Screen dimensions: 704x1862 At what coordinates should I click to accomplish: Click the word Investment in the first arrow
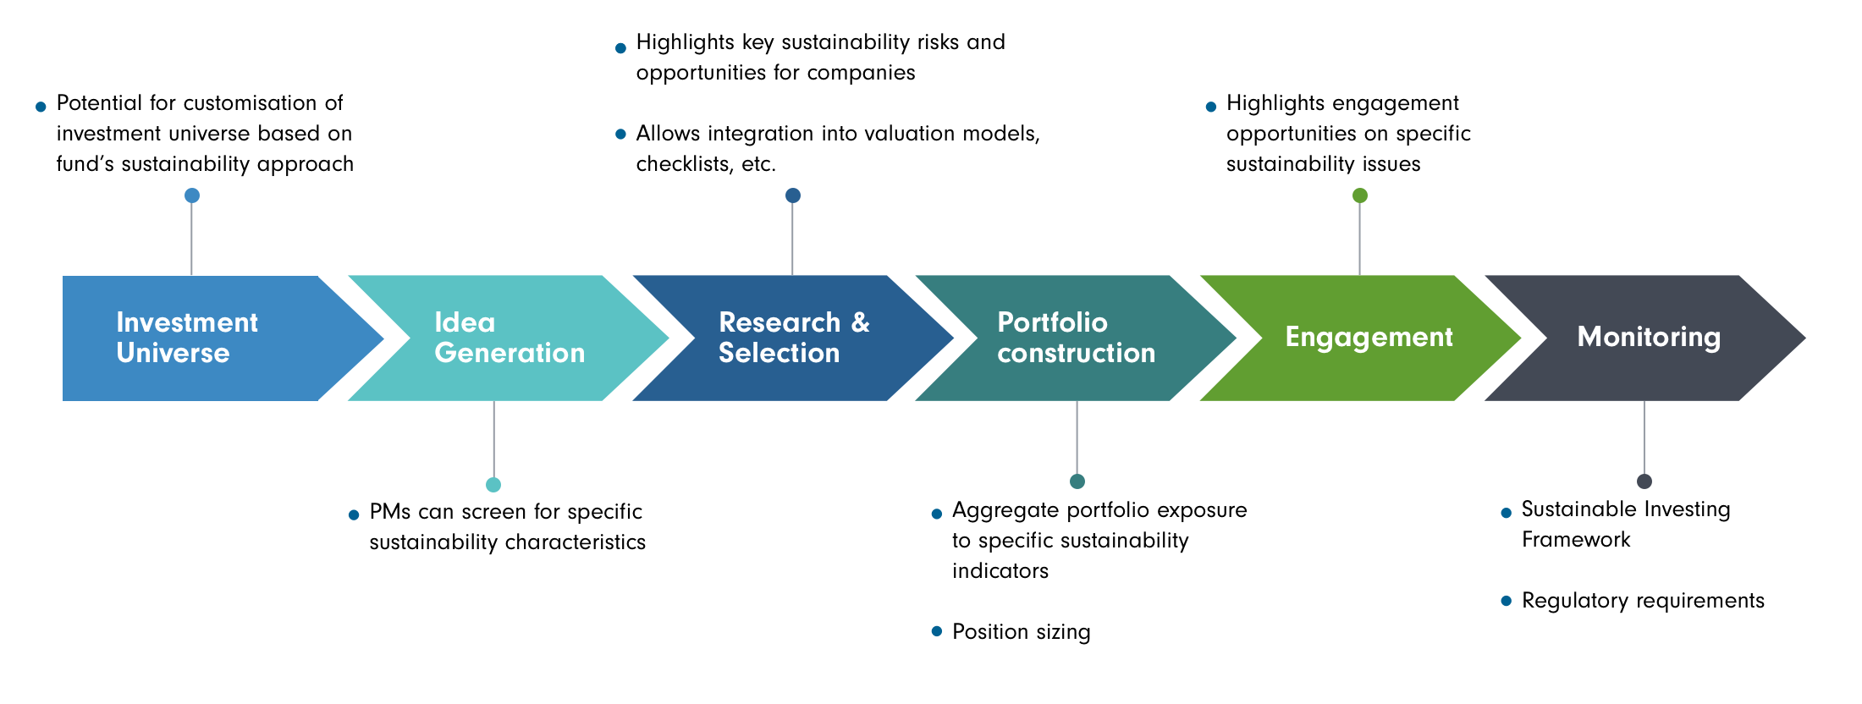coord(187,322)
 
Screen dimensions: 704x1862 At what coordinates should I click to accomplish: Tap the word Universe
coord(173,353)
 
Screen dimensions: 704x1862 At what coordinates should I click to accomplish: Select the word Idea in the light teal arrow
coord(465,322)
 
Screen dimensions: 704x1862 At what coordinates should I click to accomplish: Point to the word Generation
coord(510,353)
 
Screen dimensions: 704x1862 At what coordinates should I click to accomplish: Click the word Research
coord(780,322)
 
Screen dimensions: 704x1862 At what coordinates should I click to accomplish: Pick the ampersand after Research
coord(861,322)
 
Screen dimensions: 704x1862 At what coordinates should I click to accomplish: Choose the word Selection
coord(779,353)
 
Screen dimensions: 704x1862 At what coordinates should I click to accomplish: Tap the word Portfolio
coord(1052,322)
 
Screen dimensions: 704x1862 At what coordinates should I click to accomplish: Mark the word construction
coord(1076,353)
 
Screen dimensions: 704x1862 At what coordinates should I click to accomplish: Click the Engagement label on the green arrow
coord(1369,337)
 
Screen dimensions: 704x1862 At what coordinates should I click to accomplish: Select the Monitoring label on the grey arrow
coord(1649,337)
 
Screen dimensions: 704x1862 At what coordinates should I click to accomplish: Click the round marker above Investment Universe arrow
coord(192,195)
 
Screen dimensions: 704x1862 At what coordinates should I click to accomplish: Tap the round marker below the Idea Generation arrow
coord(493,485)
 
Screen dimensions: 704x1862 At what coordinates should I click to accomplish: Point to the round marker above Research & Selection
coord(793,195)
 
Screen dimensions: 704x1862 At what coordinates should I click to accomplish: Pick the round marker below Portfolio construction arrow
coord(1077,481)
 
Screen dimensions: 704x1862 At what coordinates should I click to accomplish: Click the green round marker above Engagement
coord(1360,195)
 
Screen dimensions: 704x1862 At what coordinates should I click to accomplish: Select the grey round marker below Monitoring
coord(1644,481)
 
